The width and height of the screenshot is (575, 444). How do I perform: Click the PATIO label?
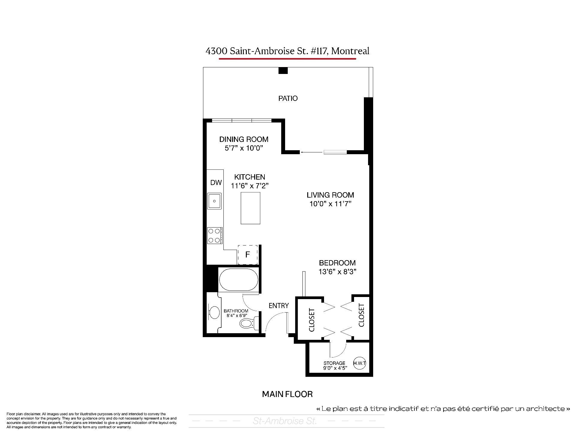click(288, 99)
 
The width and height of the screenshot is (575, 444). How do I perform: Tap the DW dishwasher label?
click(216, 182)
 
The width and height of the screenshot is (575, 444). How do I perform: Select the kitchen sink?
click(214, 201)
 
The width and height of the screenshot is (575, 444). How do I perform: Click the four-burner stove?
click(215, 236)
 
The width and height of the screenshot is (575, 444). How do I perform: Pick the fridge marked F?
click(248, 255)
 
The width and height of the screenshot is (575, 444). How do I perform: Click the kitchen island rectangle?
click(250, 208)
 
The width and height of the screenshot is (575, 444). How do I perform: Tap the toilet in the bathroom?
click(248, 323)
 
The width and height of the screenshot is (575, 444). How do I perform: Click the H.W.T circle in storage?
click(359, 363)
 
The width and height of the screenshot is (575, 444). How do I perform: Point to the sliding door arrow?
click(311, 152)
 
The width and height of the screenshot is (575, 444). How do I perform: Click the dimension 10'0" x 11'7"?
click(330, 204)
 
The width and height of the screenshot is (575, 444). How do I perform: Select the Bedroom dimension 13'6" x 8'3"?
click(337, 272)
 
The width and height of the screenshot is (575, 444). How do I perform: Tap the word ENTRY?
click(279, 306)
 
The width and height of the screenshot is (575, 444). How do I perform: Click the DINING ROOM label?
click(244, 139)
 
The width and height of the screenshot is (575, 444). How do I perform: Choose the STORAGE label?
click(334, 363)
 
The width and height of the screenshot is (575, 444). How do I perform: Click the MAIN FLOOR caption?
click(287, 394)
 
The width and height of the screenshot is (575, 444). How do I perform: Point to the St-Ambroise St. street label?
click(285, 421)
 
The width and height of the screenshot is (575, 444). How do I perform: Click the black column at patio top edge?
click(283, 71)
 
